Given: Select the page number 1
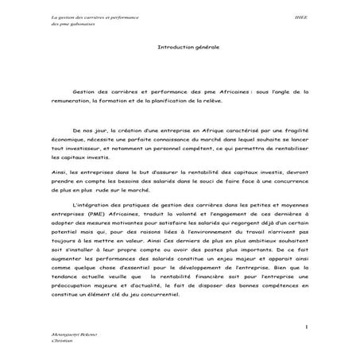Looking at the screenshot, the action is [306, 327].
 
